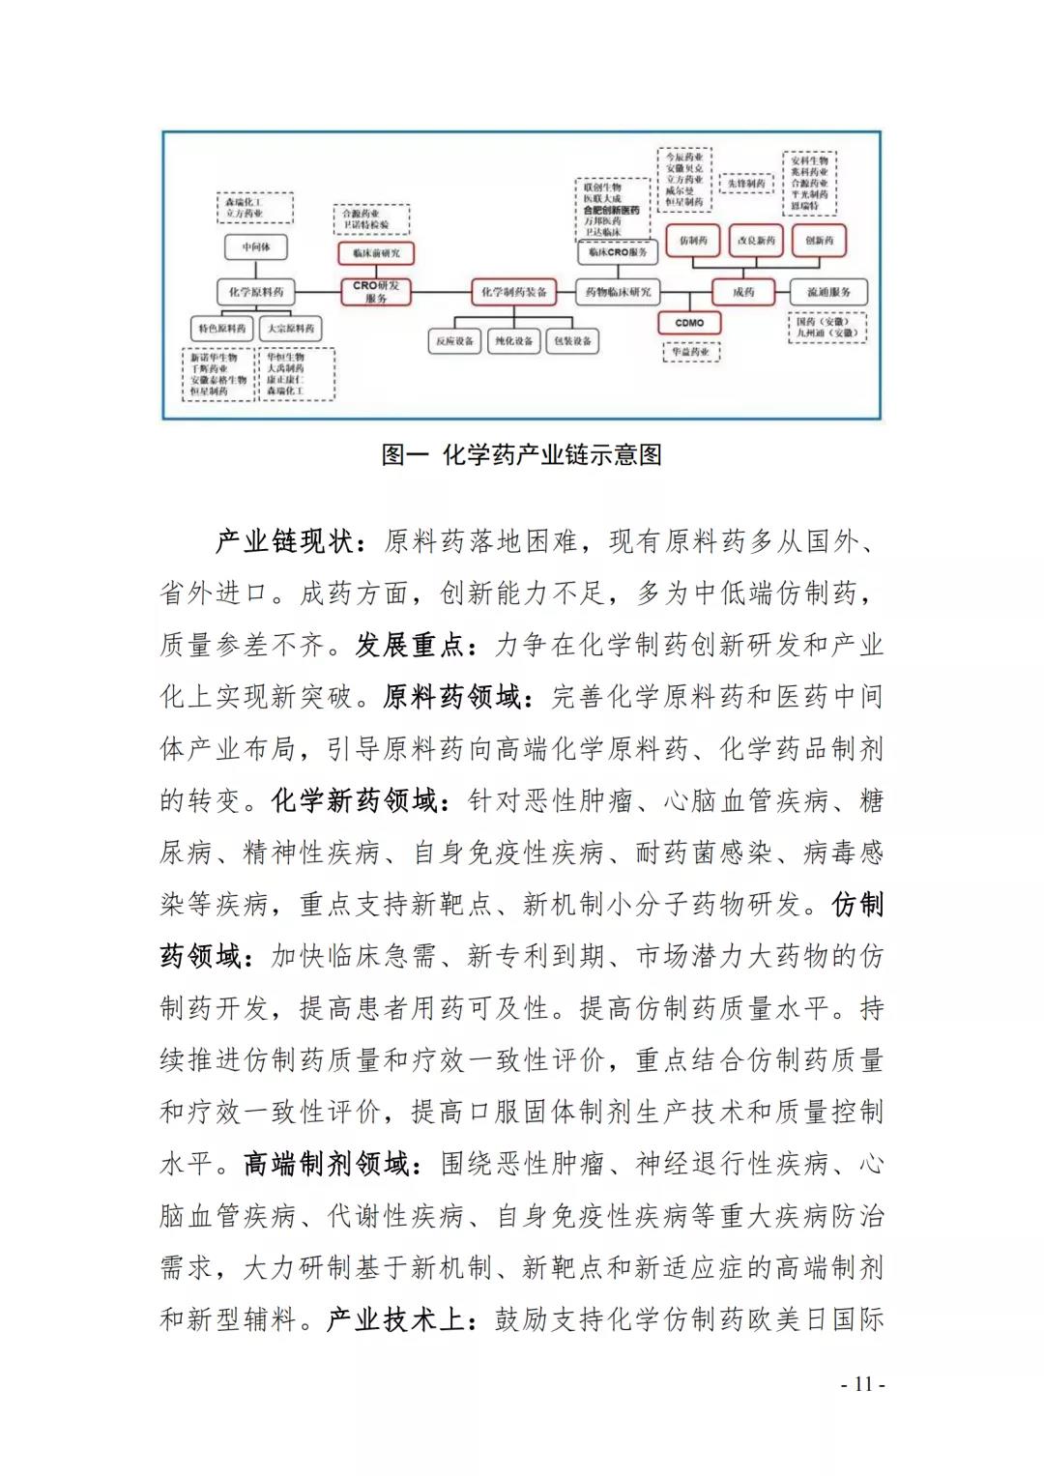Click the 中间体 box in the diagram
click(256, 247)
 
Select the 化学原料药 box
click(256, 292)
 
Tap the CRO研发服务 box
click(376, 292)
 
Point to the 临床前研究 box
click(376, 253)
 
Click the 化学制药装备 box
click(514, 292)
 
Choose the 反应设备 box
click(454, 341)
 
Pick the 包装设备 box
click(573, 341)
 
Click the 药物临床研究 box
click(618, 292)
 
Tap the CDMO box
click(689, 323)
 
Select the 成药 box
click(743, 292)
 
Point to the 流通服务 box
click(828, 292)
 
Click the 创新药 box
click(819, 241)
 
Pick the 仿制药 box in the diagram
click(693, 241)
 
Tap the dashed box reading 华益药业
click(691, 352)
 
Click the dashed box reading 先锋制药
click(746, 183)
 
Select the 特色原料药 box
click(222, 329)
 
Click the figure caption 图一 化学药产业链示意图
click(521, 454)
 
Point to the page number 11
click(862, 1384)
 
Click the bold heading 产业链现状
click(284, 541)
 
